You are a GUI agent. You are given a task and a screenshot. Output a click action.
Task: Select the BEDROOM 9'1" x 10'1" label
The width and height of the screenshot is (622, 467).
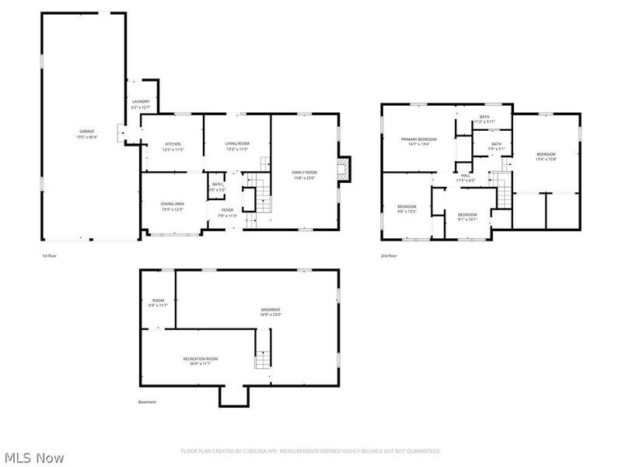(x=467, y=216)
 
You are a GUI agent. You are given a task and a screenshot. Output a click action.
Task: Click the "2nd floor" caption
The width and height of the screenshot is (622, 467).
(x=389, y=256)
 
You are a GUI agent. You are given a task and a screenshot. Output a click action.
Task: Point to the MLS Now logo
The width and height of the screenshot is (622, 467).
(x=33, y=458)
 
